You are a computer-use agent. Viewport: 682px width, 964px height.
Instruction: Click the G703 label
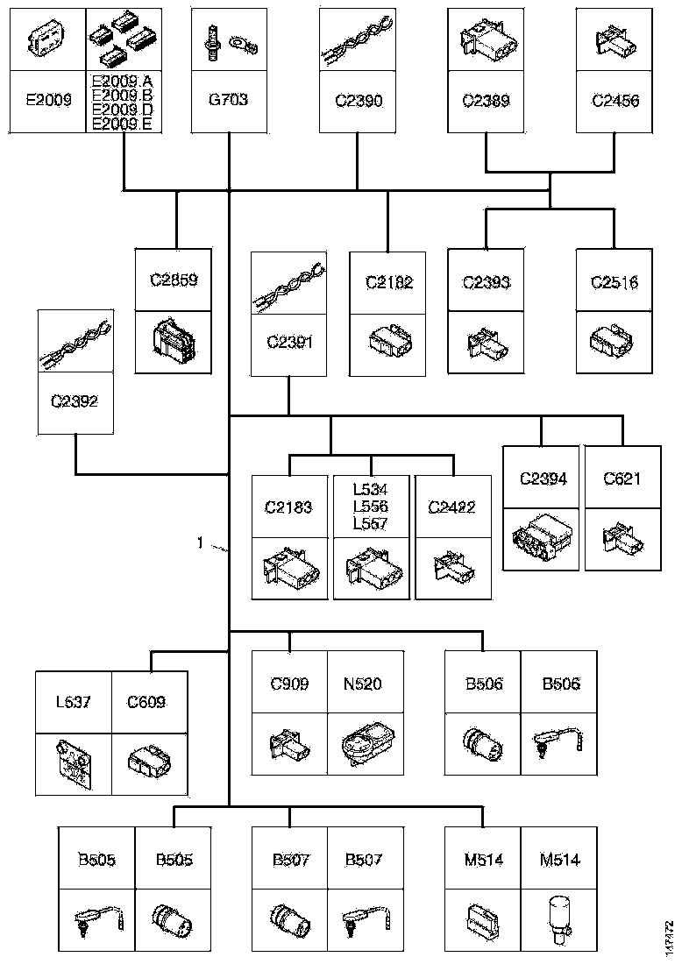(228, 100)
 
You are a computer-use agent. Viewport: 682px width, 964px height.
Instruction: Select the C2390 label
(358, 100)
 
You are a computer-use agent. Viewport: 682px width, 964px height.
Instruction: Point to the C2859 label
(174, 281)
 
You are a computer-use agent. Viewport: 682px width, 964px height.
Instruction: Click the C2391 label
(289, 343)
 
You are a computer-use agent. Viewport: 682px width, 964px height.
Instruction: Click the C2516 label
(614, 283)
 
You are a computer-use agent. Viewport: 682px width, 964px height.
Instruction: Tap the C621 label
(622, 478)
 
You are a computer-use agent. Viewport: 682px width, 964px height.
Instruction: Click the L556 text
(370, 507)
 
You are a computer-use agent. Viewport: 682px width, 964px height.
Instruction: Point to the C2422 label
(452, 507)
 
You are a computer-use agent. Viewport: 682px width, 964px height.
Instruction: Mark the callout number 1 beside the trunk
(201, 543)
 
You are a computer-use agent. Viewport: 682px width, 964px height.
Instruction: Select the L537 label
(74, 701)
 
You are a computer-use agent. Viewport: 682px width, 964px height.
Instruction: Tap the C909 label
(289, 684)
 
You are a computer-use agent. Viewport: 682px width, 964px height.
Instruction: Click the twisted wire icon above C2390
(357, 41)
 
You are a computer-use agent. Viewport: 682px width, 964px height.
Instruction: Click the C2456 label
(615, 100)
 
